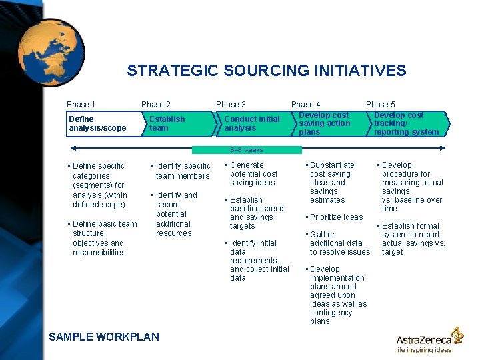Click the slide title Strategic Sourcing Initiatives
pyautogui.click(x=267, y=71)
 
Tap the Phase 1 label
pyautogui.click(x=81, y=105)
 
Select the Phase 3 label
pyautogui.click(x=231, y=105)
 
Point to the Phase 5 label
pyautogui.click(x=380, y=105)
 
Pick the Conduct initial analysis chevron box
pyautogui.click(x=252, y=123)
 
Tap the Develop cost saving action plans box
pyautogui.click(x=327, y=123)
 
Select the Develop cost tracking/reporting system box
pyautogui.click(x=406, y=123)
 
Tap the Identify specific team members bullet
pyautogui.click(x=181, y=171)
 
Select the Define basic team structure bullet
pyautogui.click(x=103, y=238)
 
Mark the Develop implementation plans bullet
pyautogui.click(x=337, y=295)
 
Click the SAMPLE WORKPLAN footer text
pyautogui.click(x=104, y=337)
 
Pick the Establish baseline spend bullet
pyautogui.click(x=255, y=213)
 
